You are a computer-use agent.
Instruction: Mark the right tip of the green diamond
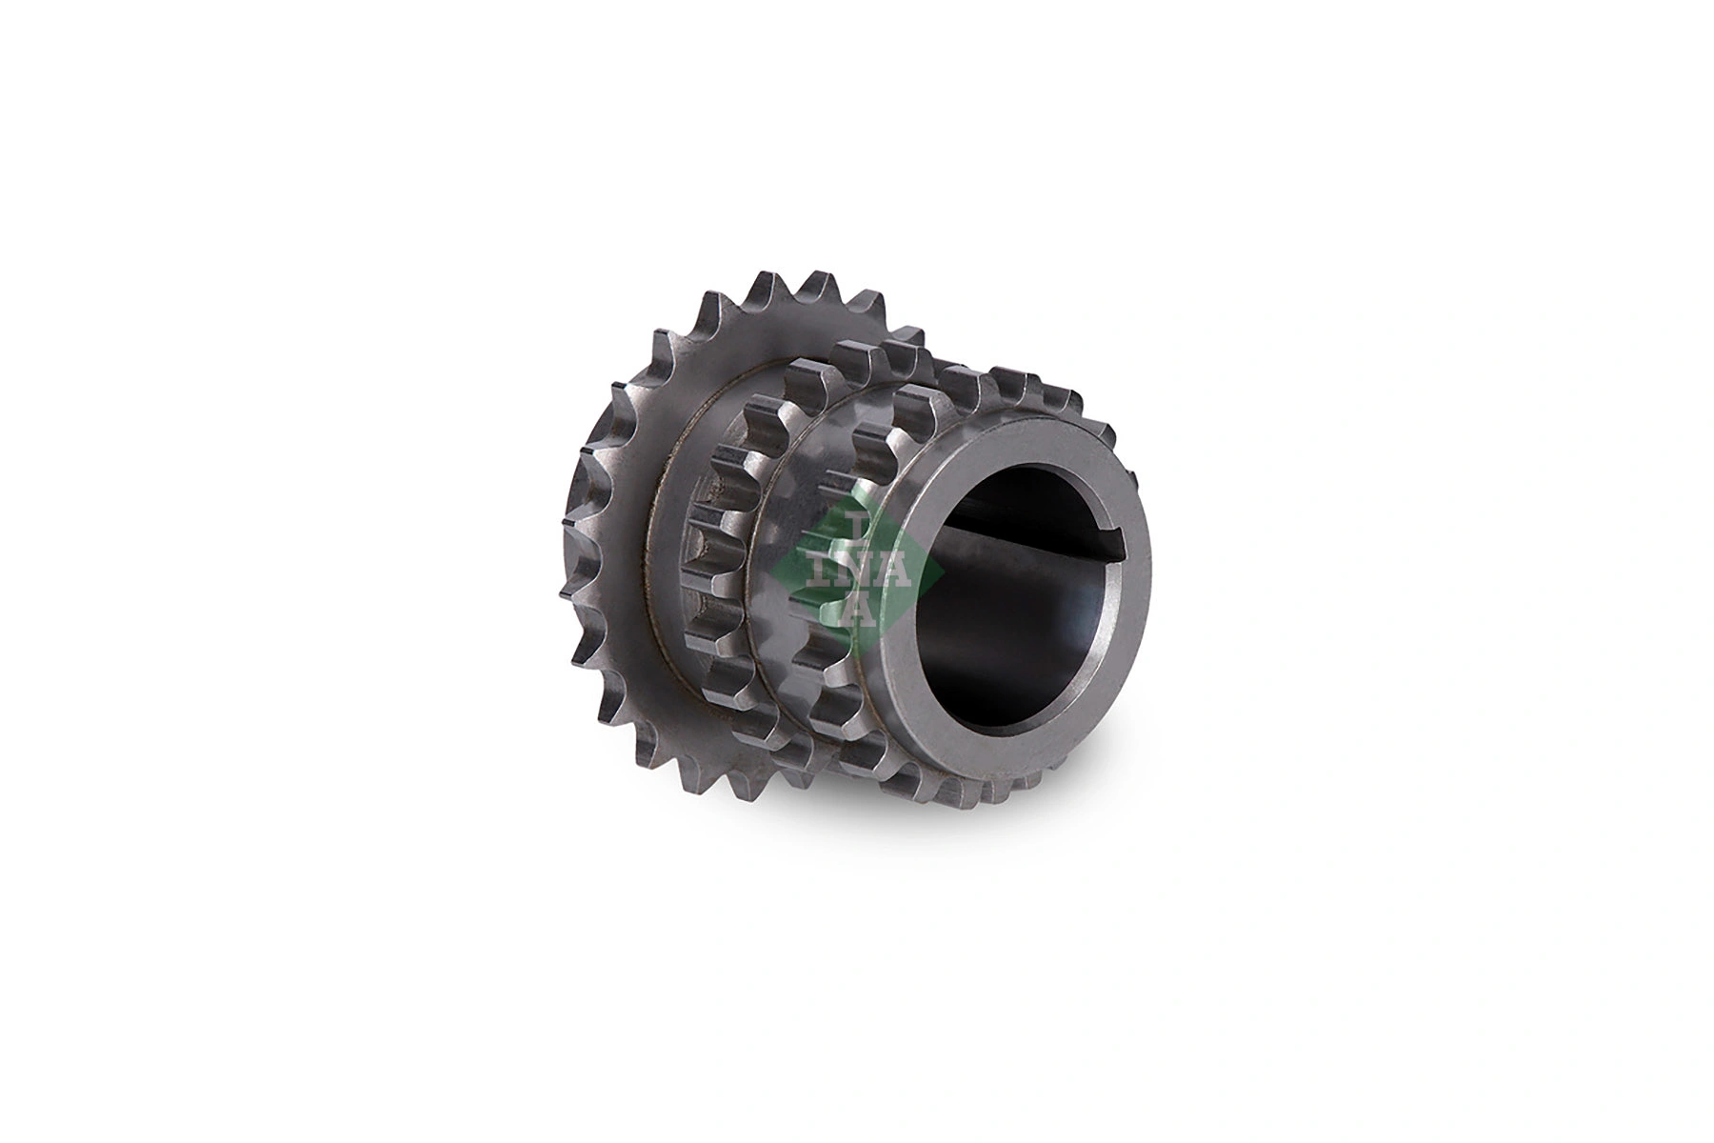943,576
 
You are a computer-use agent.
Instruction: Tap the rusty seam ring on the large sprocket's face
657,610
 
